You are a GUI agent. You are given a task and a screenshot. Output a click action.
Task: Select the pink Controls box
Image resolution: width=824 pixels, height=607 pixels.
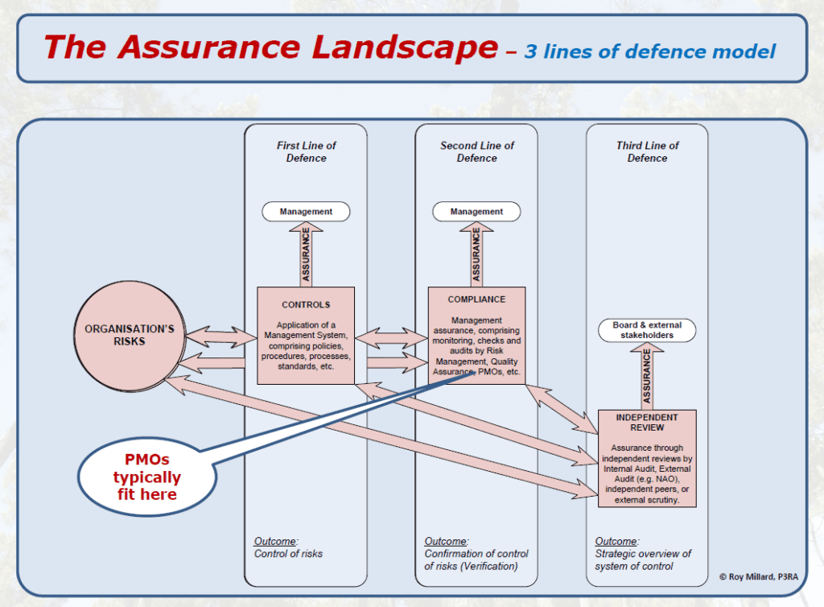tap(306, 335)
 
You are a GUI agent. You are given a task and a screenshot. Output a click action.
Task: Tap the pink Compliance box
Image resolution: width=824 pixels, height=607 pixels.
tap(476, 335)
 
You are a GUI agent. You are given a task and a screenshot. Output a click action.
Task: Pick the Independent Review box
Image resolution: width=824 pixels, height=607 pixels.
tap(646, 458)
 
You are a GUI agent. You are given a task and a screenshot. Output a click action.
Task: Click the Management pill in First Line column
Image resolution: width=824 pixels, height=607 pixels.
tap(306, 212)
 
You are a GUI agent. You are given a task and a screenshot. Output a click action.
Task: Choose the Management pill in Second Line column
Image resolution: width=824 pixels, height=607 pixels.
tap(476, 212)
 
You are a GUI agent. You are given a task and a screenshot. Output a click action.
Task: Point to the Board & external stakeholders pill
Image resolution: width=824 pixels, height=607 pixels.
tap(647, 330)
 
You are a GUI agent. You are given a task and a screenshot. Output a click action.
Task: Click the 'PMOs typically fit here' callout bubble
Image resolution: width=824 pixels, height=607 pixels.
tap(146, 477)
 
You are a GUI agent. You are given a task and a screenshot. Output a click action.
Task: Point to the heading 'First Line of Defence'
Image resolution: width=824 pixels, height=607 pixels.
tap(306, 152)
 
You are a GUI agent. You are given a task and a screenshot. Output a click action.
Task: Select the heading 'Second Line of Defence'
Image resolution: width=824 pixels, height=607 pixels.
tap(476, 152)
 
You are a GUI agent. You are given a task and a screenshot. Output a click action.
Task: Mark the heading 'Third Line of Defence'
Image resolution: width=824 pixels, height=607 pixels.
tap(647, 152)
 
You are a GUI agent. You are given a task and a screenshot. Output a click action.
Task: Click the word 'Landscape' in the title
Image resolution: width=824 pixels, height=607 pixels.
tap(387, 47)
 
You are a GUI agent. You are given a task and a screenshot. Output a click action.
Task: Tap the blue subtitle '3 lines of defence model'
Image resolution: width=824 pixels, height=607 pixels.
tap(650, 52)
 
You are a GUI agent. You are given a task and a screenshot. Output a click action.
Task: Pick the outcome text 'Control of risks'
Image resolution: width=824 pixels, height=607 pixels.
tap(288, 554)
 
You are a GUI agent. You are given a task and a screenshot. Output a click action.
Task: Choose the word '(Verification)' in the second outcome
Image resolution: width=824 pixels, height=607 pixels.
tap(488, 566)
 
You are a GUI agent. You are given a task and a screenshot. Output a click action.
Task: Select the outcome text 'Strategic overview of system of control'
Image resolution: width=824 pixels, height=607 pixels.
tap(643, 560)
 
